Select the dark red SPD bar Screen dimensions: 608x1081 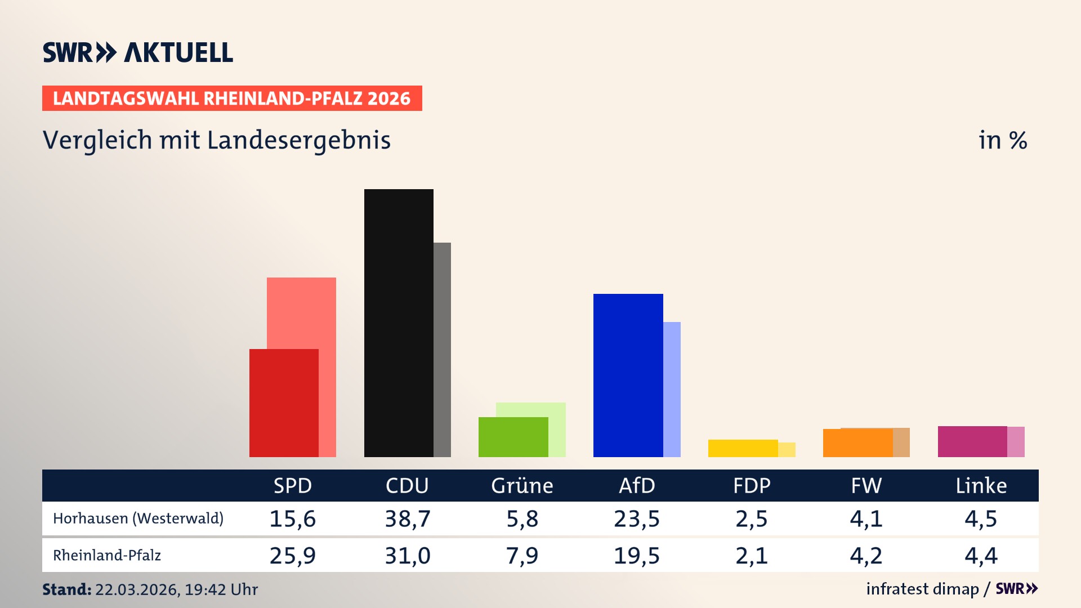click(x=284, y=403)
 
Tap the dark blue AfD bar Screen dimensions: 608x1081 click(x=628, y=375)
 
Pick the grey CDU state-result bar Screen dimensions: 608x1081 click(x=442, y=349)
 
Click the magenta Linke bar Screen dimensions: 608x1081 click(x=972, y=441)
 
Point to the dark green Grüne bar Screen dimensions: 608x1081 click(x=513, y=437)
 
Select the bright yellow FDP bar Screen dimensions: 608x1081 click(x=743, y=448)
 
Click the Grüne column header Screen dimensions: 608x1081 click(x=522, y=486)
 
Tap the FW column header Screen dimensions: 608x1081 click(x=866, y=486)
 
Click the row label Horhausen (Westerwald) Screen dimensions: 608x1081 click(x=138, y=518)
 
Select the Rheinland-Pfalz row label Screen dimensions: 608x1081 click(x=107, y=556)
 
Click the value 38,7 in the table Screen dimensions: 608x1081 click(x=407, y=518)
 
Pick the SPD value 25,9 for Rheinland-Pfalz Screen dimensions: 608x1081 click(x=292, y=556)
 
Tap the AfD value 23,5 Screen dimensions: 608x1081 click(x=636, y=518)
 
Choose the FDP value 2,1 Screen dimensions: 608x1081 click(x=751, y=556)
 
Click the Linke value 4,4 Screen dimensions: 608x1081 click(x=981, y=556)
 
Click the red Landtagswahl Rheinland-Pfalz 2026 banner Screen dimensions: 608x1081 click(x=232, y=99)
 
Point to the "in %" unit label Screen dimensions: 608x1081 click(x=1002, y=140)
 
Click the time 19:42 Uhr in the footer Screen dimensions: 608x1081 click(x=221, y=589)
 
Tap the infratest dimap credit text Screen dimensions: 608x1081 click(x=922, y=589)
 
